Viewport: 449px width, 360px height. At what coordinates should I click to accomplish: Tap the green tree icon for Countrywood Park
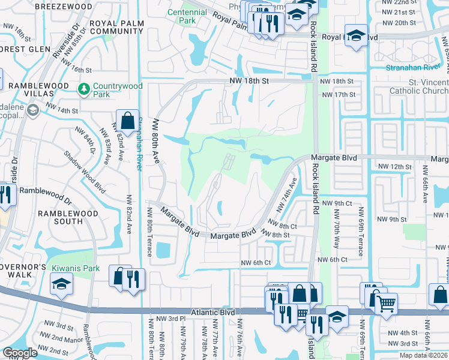pyautogui.click(x=84, y=89)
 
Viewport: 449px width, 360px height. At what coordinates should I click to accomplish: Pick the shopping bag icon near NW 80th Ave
pyautogui.click(x=128, y=121)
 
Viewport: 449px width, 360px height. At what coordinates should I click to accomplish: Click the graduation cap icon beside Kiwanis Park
pyautogui.click(x=61, y=284)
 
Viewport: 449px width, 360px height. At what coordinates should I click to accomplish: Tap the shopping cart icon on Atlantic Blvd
pyautogui.click(x=385, y=302)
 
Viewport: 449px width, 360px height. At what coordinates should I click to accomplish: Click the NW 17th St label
pyautogui.click(x=339, y=95)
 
